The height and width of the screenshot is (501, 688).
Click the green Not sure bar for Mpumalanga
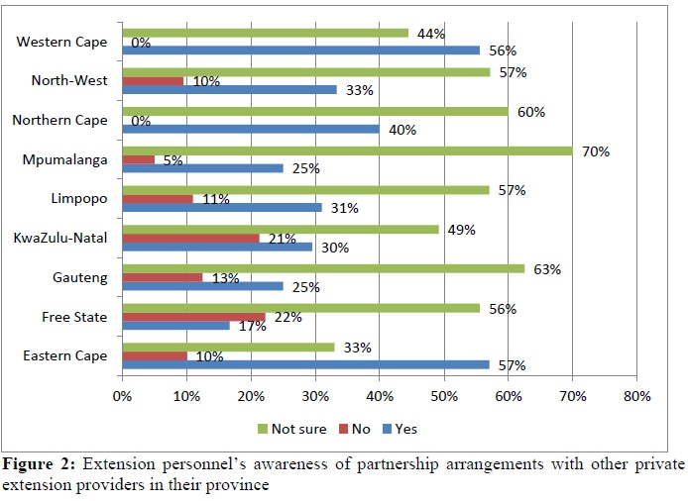347,151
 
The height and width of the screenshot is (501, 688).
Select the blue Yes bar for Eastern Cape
305,364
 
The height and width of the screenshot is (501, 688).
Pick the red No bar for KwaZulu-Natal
190,238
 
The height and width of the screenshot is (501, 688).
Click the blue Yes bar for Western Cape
301,50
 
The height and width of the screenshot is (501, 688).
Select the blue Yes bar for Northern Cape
251,129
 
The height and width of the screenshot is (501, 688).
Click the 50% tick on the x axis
444,396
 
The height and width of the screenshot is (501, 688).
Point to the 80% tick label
636,396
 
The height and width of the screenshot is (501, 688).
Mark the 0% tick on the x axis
122,396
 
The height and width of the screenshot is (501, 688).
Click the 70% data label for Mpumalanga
596,151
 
